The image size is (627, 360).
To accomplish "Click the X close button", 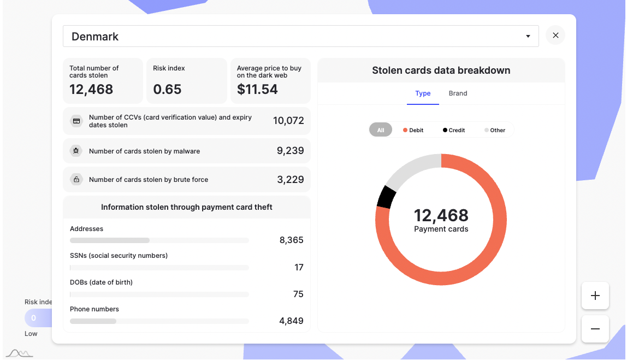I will (555, 36).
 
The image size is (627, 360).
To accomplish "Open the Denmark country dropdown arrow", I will (528, 37).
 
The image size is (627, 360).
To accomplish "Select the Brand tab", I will (458, 93).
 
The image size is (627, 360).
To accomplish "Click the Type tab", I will (423, 93).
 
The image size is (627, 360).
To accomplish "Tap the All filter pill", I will (381, 130).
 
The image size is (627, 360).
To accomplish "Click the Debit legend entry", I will (413, 130).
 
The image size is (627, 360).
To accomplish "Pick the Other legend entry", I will (495, 130).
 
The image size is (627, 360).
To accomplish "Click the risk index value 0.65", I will (167, 90).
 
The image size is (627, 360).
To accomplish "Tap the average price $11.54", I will (257, 90).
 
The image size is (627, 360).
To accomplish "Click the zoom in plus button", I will (595, 296).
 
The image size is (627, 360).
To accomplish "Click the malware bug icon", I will (76, 151).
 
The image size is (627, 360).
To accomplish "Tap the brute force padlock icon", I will (76, 179).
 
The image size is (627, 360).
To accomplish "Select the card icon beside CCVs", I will (76, 121).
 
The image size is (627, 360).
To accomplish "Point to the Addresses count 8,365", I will (291, 240).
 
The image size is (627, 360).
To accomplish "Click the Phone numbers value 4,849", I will (291, 321).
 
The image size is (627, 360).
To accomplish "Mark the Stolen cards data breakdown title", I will (441, 70).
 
